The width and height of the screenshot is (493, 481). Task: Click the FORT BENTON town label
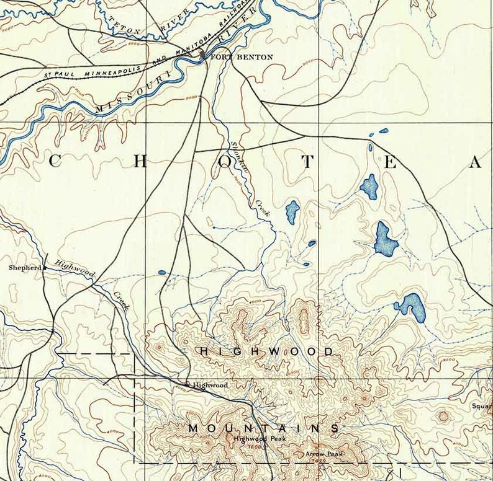[242, 57]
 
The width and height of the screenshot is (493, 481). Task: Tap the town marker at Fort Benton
[204, 56]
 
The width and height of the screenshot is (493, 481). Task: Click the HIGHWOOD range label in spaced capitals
[266, 351]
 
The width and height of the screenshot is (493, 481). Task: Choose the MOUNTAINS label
[263, 428]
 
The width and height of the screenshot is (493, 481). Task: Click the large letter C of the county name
[55, 162]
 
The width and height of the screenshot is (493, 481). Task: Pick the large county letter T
[309, 162]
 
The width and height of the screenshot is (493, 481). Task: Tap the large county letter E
[391, 162]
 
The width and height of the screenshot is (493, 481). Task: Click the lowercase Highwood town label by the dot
[210, 385]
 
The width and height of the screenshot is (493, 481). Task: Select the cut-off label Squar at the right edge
[481, 407]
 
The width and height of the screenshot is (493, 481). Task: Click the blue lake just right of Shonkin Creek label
[292, 212]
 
